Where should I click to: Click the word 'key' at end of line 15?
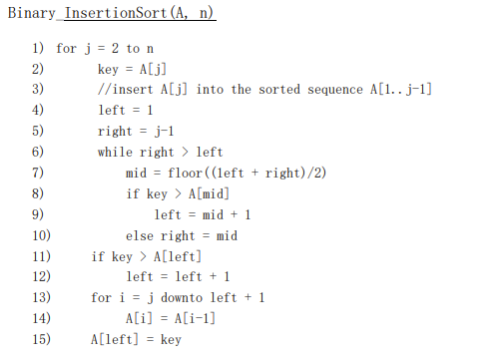(171, 339)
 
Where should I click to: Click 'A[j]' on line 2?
(157, 69)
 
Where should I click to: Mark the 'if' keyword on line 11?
(98, 256)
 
